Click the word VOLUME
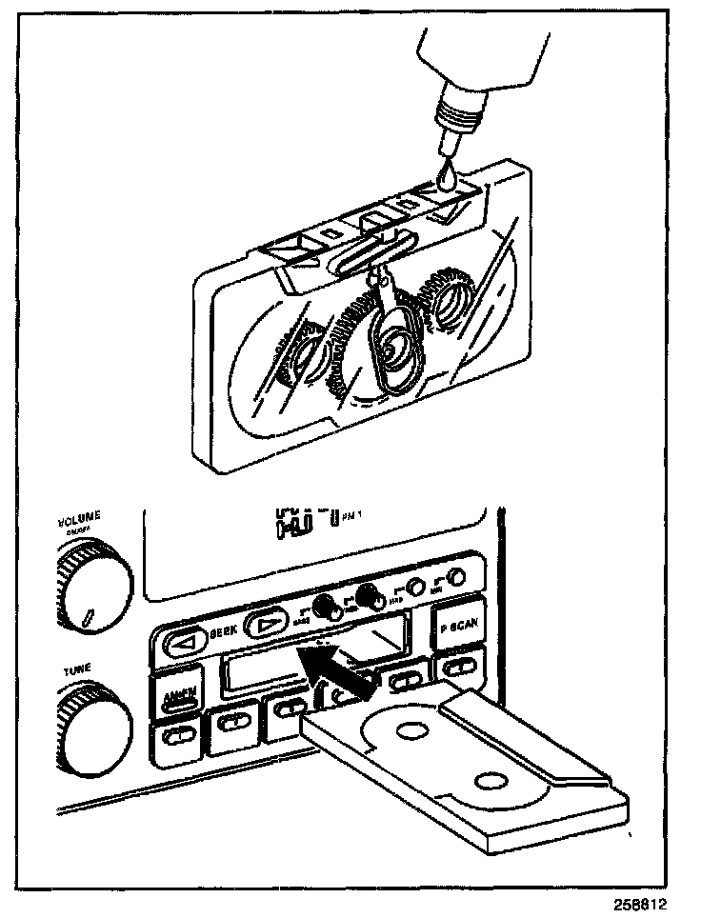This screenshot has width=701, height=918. (x=79, y=520)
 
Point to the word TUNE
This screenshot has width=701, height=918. (x=77, y=669)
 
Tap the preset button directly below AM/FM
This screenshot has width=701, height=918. (x=175, y=736)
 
